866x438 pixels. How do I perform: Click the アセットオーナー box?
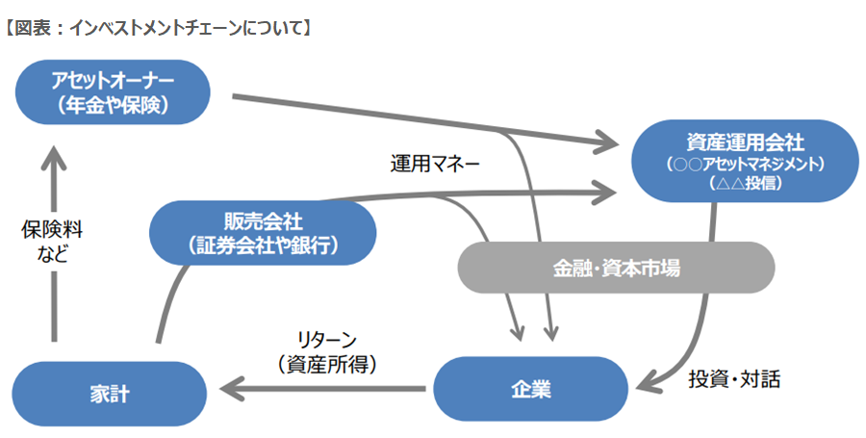click(114, 91)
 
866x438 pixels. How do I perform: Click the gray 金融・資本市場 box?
click(616, 268)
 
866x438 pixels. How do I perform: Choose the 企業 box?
click(529, 389)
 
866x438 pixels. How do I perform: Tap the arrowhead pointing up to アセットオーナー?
click(54, 148)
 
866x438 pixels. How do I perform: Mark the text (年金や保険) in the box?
click(114, 104)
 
